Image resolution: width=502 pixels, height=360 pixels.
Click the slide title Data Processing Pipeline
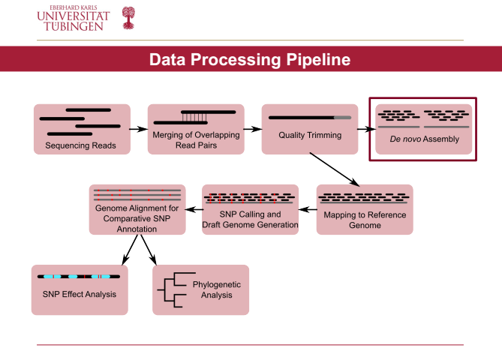(x=250, y=60)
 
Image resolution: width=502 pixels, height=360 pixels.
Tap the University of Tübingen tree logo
(x=128, y=17)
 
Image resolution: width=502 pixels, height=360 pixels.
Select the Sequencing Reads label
(x=80, y=145)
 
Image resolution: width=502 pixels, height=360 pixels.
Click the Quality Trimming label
(x=310, y=136)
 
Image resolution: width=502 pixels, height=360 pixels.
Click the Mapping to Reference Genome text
(x=365, y=220)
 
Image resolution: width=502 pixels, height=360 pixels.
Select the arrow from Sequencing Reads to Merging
(x=137, y=129)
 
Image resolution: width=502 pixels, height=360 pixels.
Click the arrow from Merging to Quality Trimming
(x=252, y=129)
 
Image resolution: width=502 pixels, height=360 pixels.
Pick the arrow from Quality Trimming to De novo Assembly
(x=366, y=129)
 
